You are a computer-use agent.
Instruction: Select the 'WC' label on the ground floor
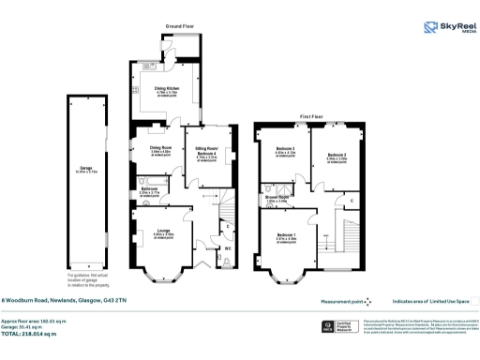point(228,248)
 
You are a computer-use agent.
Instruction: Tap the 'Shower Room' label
point(277,198)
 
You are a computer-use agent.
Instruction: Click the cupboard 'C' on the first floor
point(351,201)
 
